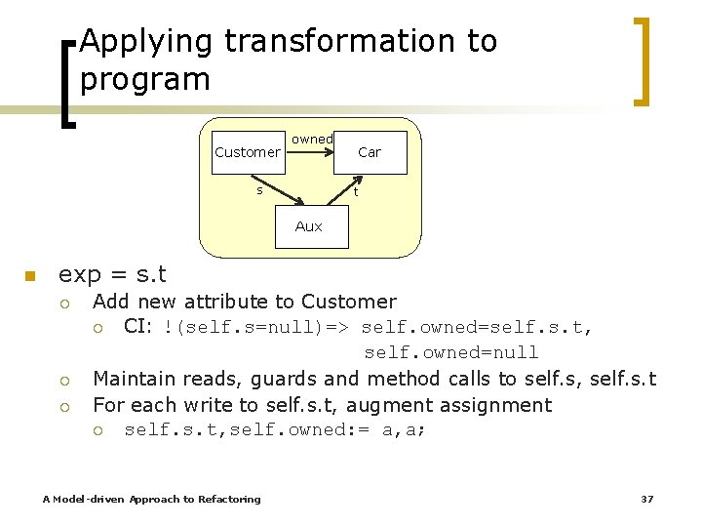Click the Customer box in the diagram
click(x=247, y=152)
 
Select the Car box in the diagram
click(x=370, y=152)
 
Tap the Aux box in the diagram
click(x=308, y=226)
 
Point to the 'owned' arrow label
click(x=312, y=140)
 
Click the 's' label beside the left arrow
click(x=259, y=190)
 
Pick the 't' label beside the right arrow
click(x=355, y=192)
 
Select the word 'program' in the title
click(x=145, y=79)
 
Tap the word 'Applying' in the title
click(x=146, y=41)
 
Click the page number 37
click(x=646, y=499)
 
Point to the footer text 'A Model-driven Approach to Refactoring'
click(x=152, y=499)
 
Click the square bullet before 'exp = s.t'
click(x=30, y=275)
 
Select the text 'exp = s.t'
click(x=113, y=274)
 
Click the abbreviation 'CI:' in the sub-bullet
click(x=137, y=327)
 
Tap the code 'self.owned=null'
click(x=451, y=352)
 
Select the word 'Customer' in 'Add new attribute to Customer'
click(x=349, y=302)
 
